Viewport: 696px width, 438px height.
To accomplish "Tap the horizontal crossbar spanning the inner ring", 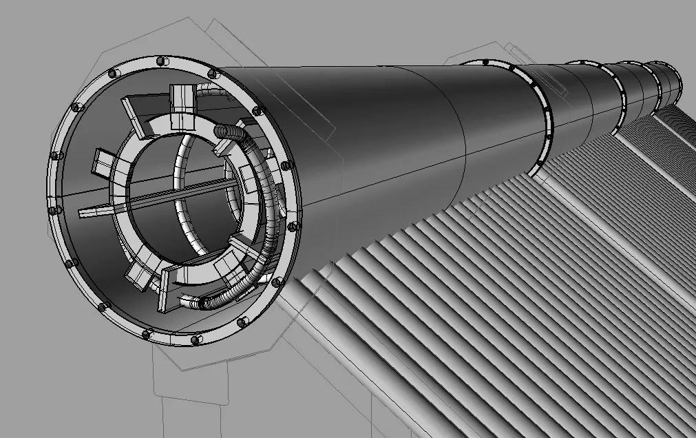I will tap(172, 194).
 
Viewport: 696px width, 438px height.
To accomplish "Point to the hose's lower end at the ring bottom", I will tap(200, 302).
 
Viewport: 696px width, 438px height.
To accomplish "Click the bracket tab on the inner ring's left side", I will tap(104, 163).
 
